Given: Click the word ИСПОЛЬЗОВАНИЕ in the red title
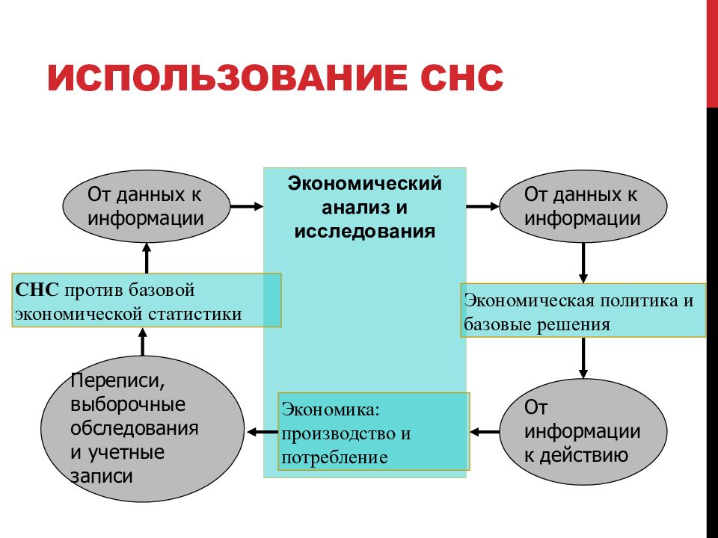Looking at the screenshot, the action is click(227, 78).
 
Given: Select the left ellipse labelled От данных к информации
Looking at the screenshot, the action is click(147, 206).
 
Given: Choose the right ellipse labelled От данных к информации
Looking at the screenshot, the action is click(583, 206).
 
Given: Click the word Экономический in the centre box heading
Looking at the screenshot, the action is click(364, 184).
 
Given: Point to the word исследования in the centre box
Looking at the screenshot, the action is click(364, 231).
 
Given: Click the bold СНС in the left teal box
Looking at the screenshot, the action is click(37, 290).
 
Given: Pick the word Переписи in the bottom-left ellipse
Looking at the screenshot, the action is click(117, 380).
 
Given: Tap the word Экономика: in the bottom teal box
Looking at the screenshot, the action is click(331, 409).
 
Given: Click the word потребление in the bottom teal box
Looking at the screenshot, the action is click(334, 457).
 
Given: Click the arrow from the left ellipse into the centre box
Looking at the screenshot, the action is click(247, 206).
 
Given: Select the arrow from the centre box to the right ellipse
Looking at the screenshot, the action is click(482, 206).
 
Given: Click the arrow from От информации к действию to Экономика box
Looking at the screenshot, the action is click(485, 432).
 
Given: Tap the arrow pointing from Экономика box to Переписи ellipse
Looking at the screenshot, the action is click(263, 432).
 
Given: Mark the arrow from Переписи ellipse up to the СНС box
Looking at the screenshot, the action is click(143, 341).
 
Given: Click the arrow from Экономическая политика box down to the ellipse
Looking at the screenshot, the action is click(583, 358).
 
